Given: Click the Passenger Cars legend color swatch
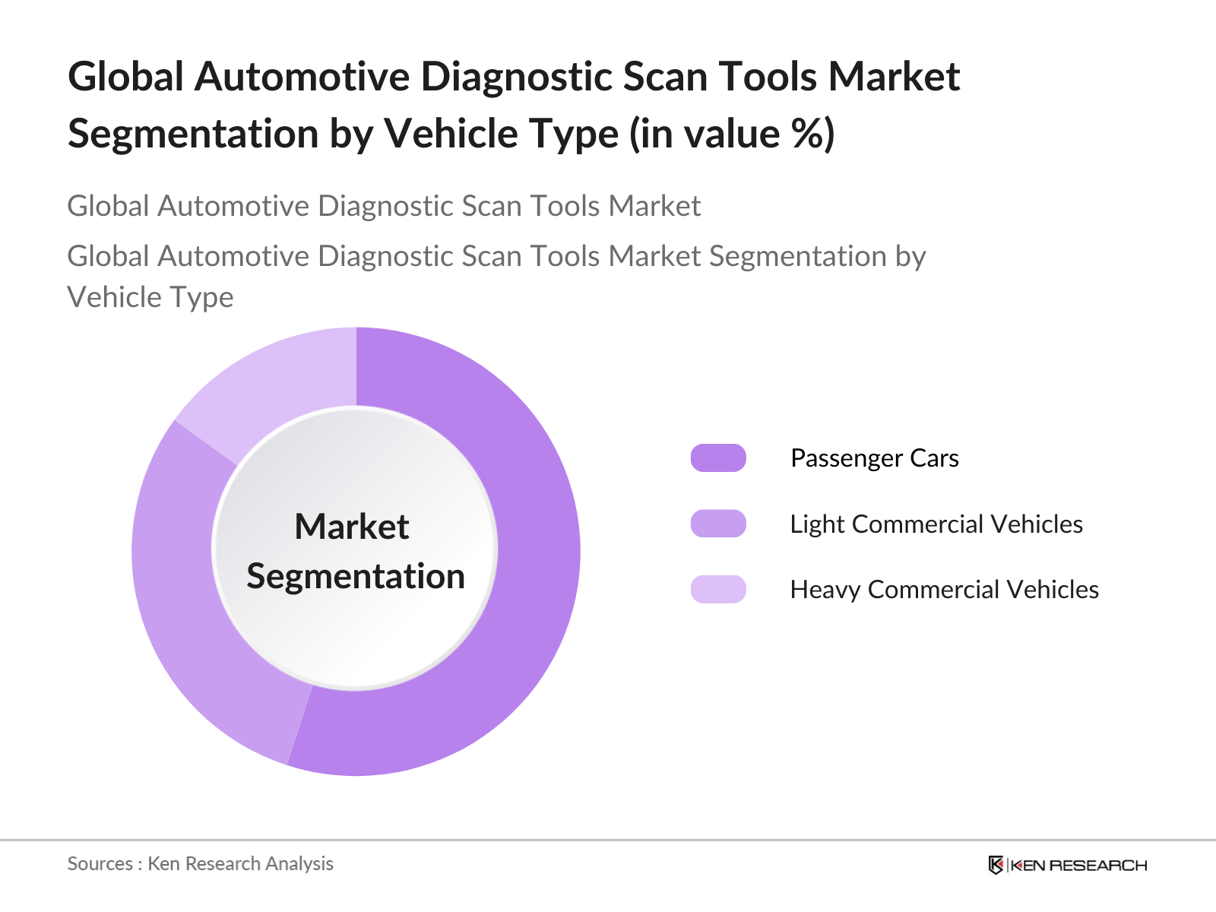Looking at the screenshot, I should click(718, 458).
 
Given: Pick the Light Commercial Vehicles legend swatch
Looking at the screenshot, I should click(718, 524).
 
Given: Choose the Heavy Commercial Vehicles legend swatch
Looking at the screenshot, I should click(718, 589).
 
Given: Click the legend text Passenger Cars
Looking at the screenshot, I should click(874, 458).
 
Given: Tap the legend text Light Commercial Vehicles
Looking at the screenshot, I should click(936, 524).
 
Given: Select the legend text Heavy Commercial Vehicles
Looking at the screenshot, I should click(944, 589).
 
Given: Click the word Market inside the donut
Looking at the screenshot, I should click(352, 527).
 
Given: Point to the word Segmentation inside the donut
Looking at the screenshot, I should click(356, 576).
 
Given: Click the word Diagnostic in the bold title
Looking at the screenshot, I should click(515, 77).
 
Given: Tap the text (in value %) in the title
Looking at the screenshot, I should click(731, 134).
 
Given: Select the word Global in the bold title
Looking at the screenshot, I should click(126, 77).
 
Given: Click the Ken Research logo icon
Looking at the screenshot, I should click(995, 865).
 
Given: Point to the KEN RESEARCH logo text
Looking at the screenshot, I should click(1078, 865).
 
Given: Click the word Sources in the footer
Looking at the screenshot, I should click(100, 863).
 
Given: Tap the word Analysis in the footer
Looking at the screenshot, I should click(299, 863).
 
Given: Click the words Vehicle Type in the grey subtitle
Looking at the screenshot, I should click(150, 297).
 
